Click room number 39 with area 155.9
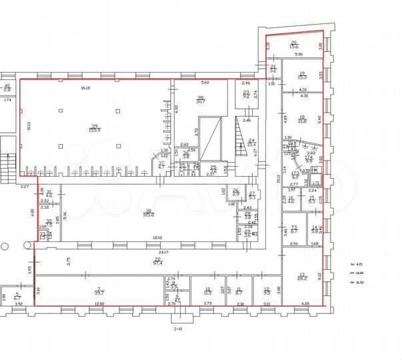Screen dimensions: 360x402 95,128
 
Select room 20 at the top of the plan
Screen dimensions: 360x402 293,44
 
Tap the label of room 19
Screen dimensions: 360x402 301,75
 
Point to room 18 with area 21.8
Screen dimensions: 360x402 301,119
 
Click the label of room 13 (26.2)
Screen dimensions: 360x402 301,277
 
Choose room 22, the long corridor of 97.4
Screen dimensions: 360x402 158,261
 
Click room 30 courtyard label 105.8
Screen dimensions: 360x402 148,213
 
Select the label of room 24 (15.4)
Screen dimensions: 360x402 251,142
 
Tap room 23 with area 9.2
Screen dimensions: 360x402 245,94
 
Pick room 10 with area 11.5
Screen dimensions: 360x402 207,290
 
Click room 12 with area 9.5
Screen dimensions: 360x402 267,290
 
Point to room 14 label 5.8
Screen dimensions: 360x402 315,229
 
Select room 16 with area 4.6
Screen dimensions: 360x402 291,199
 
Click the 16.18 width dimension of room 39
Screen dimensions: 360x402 85,87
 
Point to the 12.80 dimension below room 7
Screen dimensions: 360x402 99,303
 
